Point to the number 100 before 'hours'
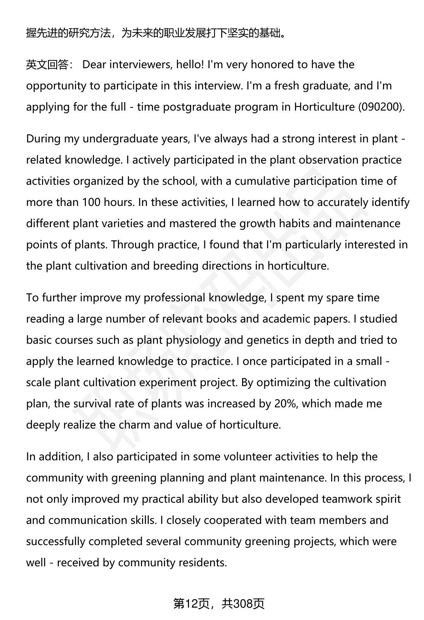(91, 202)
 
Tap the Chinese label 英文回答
(48, 65)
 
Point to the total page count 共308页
(243, 604)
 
